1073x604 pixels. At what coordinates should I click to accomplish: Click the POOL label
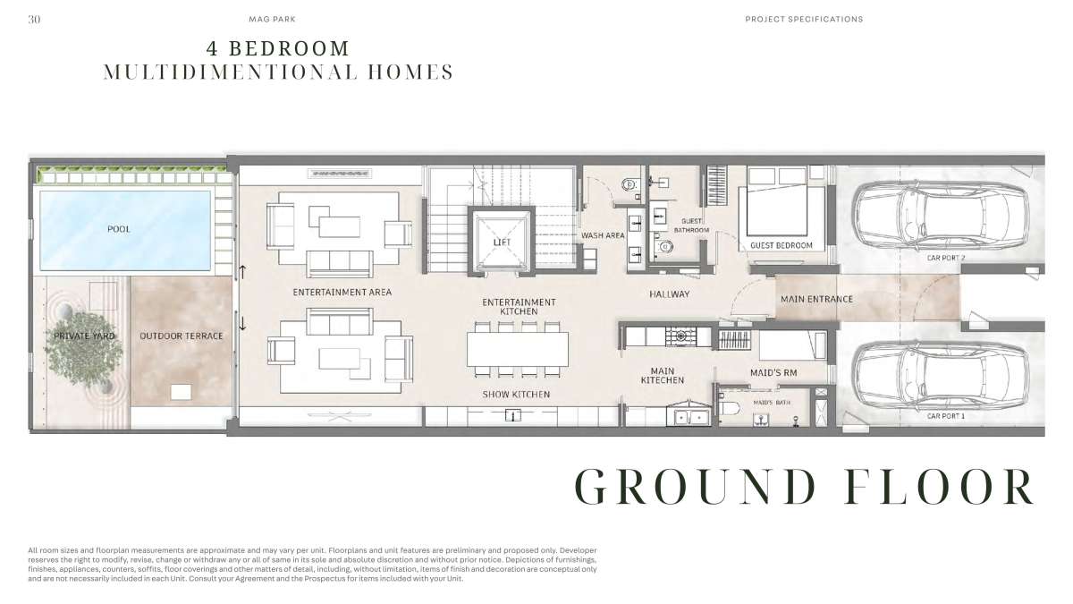pos(118,229)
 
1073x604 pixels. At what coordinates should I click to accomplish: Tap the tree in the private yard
pos(84,347)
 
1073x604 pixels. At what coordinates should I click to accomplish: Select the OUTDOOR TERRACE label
pos(181,336)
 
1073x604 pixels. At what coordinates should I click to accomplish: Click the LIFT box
pos(501,241)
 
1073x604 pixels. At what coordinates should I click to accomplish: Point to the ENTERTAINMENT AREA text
pos(342,292)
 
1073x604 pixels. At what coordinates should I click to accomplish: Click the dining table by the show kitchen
pos(518,349)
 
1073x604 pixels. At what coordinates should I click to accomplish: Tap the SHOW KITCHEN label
pos(516,394)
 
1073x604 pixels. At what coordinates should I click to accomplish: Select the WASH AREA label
pos(603,235)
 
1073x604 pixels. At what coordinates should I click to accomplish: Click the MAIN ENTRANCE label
pos(816,299)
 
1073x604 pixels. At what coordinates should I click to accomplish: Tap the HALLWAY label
pos(669,293)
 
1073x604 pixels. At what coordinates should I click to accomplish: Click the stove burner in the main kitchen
pos(680,336)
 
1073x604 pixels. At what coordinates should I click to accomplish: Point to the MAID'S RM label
pos(773,372)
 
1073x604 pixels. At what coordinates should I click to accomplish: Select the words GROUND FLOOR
pos(804,486)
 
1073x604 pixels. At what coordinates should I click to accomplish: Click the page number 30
pos(34,19)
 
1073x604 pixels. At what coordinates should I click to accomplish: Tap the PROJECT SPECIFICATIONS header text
pos(804,19)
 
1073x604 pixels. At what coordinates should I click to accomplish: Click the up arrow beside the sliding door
pos(242,272)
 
